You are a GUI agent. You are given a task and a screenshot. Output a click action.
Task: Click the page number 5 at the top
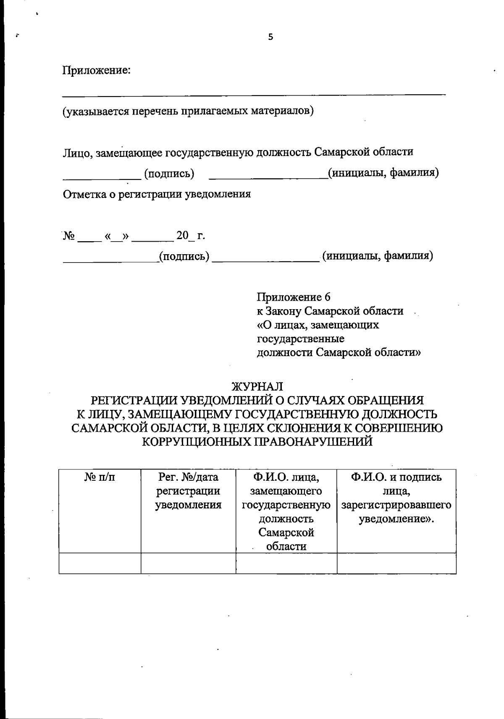(270, 37)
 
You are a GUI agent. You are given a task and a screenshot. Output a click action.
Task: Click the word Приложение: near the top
(97, 70)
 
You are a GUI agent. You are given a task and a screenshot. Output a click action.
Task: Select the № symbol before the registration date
(69, 235)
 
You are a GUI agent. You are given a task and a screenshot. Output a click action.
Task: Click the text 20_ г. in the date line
(191, 235)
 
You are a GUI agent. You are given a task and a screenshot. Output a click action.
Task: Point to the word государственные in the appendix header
(300, 338)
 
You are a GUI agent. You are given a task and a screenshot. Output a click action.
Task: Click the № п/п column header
(100, 477)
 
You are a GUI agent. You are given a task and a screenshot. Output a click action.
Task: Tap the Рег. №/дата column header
(188, 477)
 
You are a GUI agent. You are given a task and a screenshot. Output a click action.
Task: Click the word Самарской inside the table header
(286, 532)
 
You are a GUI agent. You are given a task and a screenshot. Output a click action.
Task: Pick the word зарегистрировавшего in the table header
(396, 505)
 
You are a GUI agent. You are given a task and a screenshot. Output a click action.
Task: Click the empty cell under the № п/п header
(100, 563)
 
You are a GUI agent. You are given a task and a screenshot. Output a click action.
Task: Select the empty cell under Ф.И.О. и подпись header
(396, 563)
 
